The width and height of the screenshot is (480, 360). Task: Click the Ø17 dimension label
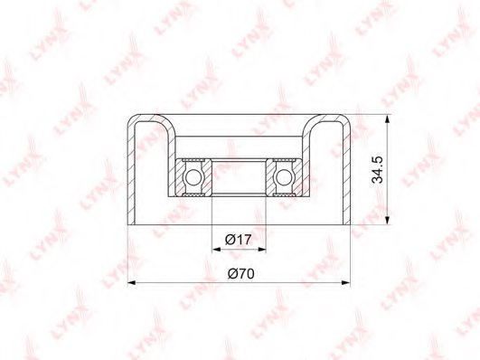[238, 240]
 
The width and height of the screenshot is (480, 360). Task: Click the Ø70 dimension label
[241, 273]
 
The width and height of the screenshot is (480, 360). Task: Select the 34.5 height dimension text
[377, 169]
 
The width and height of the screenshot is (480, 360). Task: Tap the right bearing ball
[284, 177]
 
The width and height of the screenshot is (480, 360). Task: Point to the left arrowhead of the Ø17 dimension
[216, 250]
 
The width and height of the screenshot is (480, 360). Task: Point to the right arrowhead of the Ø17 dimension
[262, 250]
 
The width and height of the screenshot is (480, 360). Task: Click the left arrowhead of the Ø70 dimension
[132, 283]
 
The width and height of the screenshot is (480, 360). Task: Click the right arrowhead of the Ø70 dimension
[345, 283]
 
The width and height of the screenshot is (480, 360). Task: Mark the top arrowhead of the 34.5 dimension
[387, 119]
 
